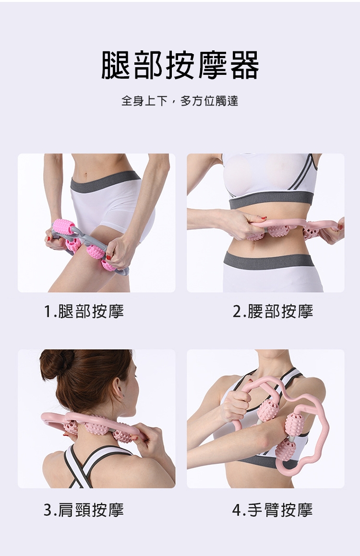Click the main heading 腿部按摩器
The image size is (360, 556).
(180, 65)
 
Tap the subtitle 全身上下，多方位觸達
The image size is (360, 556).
(180, 101)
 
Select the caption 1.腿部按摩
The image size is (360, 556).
(84, 311)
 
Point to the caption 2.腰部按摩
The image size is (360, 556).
(273, 311)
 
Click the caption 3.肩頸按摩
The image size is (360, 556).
(84, 510)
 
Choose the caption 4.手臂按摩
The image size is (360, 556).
(273, 510)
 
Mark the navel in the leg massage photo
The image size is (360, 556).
(85, 175)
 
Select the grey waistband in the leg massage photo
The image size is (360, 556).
(105, 181)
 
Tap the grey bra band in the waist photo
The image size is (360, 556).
(271, 201)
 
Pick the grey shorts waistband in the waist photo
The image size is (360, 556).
(269, 260)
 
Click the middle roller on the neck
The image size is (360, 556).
(97, 425)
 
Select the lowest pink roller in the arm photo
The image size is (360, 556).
(286, 450)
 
